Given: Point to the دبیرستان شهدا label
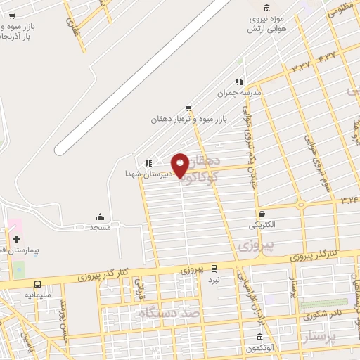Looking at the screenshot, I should click(144, 173).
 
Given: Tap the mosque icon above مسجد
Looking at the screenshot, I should click(101, 217).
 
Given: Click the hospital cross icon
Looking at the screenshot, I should click(16, 239).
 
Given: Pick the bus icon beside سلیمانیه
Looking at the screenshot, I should click(37, 284).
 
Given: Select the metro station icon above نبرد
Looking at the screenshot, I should click(213, 268).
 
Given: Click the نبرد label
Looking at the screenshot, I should click(213, 279).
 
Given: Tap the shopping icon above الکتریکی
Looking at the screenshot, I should click(262, 214).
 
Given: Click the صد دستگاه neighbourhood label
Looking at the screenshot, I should click(169, 312).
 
